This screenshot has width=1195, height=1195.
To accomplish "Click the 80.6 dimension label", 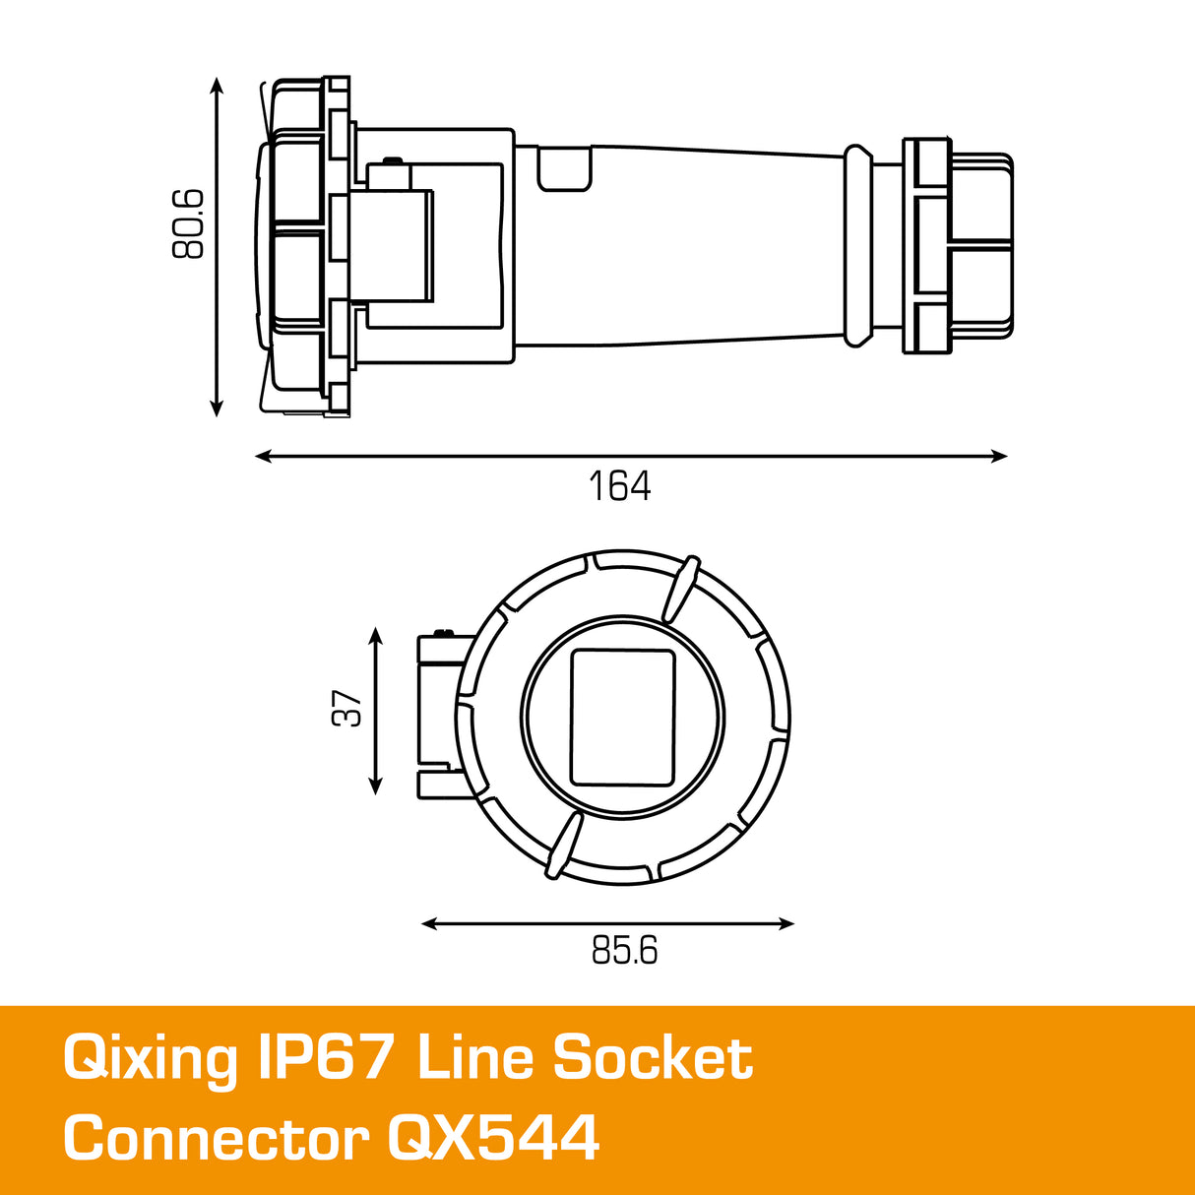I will click(188, 224).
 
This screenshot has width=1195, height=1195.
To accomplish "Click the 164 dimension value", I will click(619, 486).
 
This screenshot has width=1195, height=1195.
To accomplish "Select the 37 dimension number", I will click(347, 709).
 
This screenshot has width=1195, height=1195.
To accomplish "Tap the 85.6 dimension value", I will click(624, 951).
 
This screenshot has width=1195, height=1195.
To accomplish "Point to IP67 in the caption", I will click(328, 1058).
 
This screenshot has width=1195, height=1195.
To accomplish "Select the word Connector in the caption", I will click(216, 1139).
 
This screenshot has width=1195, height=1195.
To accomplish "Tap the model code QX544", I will click(493, 1139).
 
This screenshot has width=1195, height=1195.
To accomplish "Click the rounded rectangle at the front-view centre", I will click(623, 718).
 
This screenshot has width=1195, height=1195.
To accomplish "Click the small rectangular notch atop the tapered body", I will click(565, 167).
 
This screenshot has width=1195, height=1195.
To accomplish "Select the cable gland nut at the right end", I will click(959, 245).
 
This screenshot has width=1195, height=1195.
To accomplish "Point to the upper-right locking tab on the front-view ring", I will click(680, 590).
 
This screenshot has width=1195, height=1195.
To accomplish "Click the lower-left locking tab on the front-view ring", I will click(562, 846).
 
